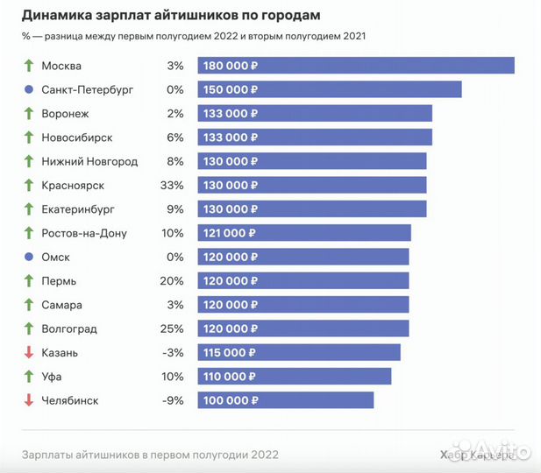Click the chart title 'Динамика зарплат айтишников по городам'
click(171, 16)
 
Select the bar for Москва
click(355, 66)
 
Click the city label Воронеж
click(65, 114)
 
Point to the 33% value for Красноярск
click(173, 186)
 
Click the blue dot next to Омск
click(29, 258)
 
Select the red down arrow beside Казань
click(29, 352)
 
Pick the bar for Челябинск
click(286, 399)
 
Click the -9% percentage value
click(173, 400)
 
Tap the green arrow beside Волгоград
click(29, 328)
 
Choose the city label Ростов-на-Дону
click(84, 233)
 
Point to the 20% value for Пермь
click(173, 281)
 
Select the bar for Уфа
click(295, 376)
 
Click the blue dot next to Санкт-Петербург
click(29, 90)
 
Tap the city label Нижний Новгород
click(89, 161)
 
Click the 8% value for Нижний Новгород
click(175, 161)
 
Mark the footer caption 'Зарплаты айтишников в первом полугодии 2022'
click(150, 454)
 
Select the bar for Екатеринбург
click(312, 208)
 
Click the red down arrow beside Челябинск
click(29, 400)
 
